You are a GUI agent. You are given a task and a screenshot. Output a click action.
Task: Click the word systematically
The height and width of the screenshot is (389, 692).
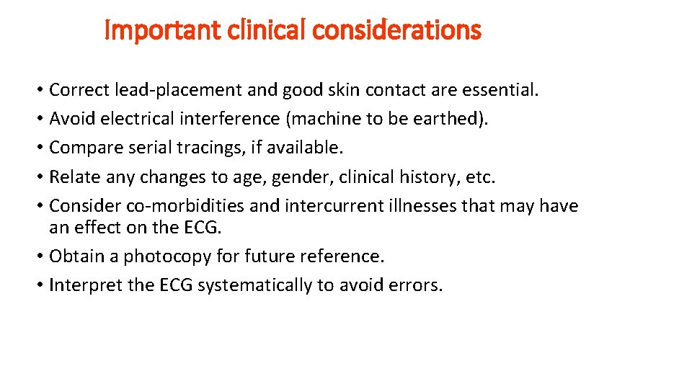tap(254, 285)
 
